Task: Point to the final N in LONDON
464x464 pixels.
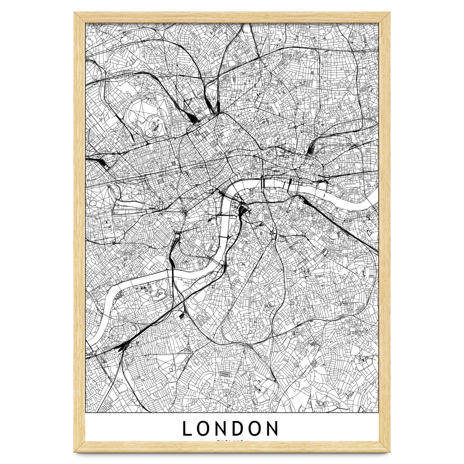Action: [272, 428]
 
